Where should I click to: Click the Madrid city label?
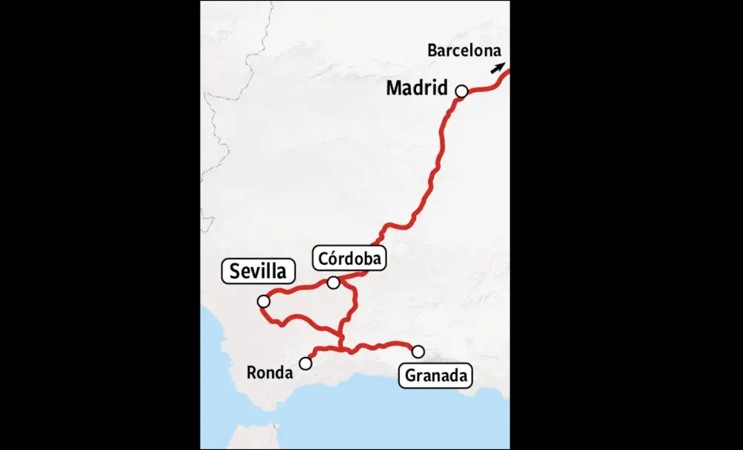click(x=417, y=89)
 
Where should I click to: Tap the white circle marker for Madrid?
click(x=461, y=91)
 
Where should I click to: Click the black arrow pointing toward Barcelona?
click(x=496, y=68)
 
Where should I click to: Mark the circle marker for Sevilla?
click(x=263, y=301)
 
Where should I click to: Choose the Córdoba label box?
click(x=349, y=259)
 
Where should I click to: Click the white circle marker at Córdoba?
click(x=334, y=283)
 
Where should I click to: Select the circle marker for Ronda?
click(x=305, y=364)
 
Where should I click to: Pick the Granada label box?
click(x=436, y=376)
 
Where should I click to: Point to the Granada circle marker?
click(x=418, y=351)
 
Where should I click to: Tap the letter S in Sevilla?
click(x=235, y=271)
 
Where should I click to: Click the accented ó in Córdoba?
click(x=331, y=258)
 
